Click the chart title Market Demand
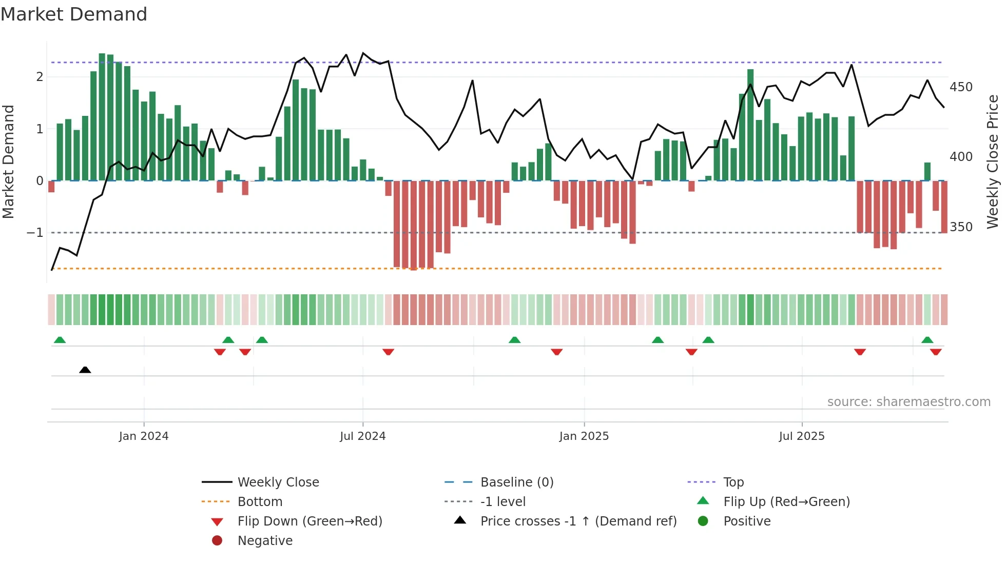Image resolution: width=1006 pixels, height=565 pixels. point(74,14)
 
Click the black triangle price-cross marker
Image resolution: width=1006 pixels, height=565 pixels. point(85,370)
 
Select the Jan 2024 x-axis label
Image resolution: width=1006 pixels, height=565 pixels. point(144,436)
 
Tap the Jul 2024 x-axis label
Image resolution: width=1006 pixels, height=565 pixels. point(362,436)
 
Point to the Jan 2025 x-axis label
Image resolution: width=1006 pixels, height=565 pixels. point(584,436)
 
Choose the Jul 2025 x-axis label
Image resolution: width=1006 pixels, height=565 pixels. point(801,436)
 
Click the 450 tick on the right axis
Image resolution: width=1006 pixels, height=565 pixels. point(961,87)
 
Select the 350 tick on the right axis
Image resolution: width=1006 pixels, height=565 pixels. point(961,227)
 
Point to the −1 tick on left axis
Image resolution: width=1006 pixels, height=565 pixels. point(35,233)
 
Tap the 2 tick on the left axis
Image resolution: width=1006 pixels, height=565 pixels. point(40,77)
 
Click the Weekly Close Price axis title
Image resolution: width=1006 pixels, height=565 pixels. point(993,162)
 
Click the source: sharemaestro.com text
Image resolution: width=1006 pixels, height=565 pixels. point(908,402)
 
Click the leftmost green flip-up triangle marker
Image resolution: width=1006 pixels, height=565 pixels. point(60,340)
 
